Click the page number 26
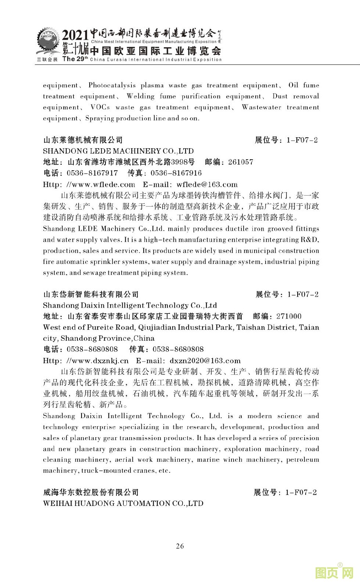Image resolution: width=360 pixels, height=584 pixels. pos(180,546)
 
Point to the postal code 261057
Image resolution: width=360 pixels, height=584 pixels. pos(240,162)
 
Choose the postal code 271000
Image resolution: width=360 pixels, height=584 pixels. pos(289,316)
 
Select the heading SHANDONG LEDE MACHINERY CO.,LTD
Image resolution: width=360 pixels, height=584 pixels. pos(118,151)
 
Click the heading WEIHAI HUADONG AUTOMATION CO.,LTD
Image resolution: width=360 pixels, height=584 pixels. pos(123,503)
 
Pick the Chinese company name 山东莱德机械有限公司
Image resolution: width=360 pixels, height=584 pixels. pos(83,140)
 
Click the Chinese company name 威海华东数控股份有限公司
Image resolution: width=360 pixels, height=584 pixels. pos(91,492)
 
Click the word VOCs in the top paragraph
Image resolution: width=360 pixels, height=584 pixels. pos(100,107)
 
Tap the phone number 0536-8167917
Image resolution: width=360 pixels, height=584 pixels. pos(92,173)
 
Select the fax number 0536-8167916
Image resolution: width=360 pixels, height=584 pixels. pos(176,173)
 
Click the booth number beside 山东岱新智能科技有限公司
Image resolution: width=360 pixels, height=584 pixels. pos(303,294)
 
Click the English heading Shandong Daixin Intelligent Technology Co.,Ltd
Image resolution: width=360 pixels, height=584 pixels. pos(130,305)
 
